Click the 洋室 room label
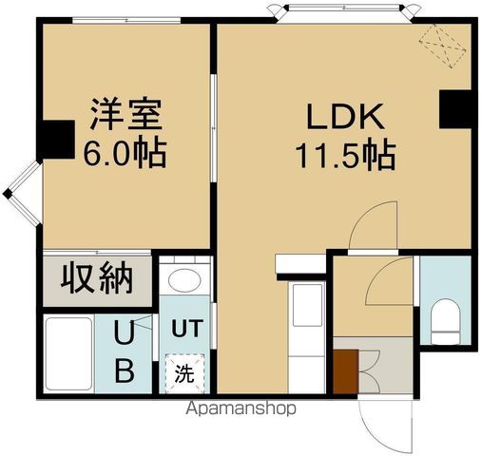(126, 117)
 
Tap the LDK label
(344, 118)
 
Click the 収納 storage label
(96, 279)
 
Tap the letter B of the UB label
(125, 369)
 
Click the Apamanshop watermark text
(243, 408)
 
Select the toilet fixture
(445, 318)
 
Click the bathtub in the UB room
(67, 355)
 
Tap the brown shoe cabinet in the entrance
(344, 369)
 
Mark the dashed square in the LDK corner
(441, 43)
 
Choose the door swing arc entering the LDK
(372, 228)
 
